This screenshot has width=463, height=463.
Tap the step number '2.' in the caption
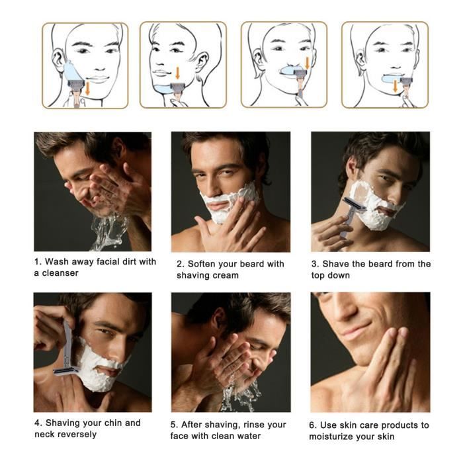click(181, 264)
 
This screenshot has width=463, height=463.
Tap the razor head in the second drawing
click(178, 88)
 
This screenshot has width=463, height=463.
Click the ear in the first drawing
click(58, 60)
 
